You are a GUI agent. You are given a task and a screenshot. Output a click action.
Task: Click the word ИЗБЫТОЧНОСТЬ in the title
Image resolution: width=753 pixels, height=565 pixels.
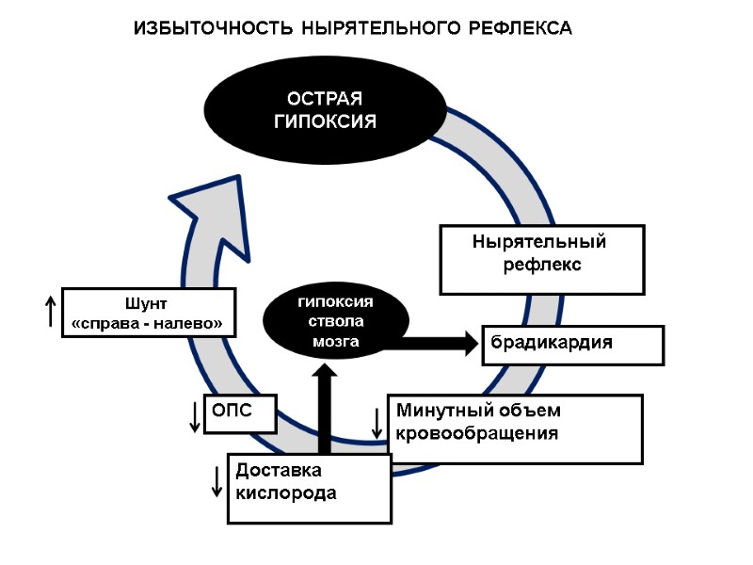pos(214,28)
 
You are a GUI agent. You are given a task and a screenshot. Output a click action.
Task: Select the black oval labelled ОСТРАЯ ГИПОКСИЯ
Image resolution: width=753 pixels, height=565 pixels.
pos(325,110)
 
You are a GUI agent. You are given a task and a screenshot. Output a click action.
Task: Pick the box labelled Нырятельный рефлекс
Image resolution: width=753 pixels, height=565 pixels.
pos(541,259)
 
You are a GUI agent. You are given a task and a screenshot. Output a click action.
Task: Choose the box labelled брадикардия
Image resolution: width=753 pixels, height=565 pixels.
pos(573,344)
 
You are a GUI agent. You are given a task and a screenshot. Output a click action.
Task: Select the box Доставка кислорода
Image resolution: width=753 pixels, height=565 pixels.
pos(309,488)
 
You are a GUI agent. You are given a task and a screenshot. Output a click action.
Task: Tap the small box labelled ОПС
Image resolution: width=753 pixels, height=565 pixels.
pos(240,413)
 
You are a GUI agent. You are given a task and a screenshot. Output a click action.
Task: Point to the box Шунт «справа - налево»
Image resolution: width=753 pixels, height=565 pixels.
pos(148,313)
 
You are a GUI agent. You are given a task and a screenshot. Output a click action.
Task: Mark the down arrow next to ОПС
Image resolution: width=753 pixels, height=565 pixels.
pos(195,415)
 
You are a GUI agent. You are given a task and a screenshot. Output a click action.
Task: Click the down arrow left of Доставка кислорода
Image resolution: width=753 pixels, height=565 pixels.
pos(217,479)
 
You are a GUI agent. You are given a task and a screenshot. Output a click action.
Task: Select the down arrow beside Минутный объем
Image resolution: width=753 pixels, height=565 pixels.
pos(377,424)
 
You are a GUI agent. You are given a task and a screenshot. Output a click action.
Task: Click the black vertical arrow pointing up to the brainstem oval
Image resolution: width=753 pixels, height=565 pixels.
pos(326,410)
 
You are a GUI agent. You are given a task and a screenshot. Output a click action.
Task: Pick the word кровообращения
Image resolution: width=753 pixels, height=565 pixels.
pos(477,434)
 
